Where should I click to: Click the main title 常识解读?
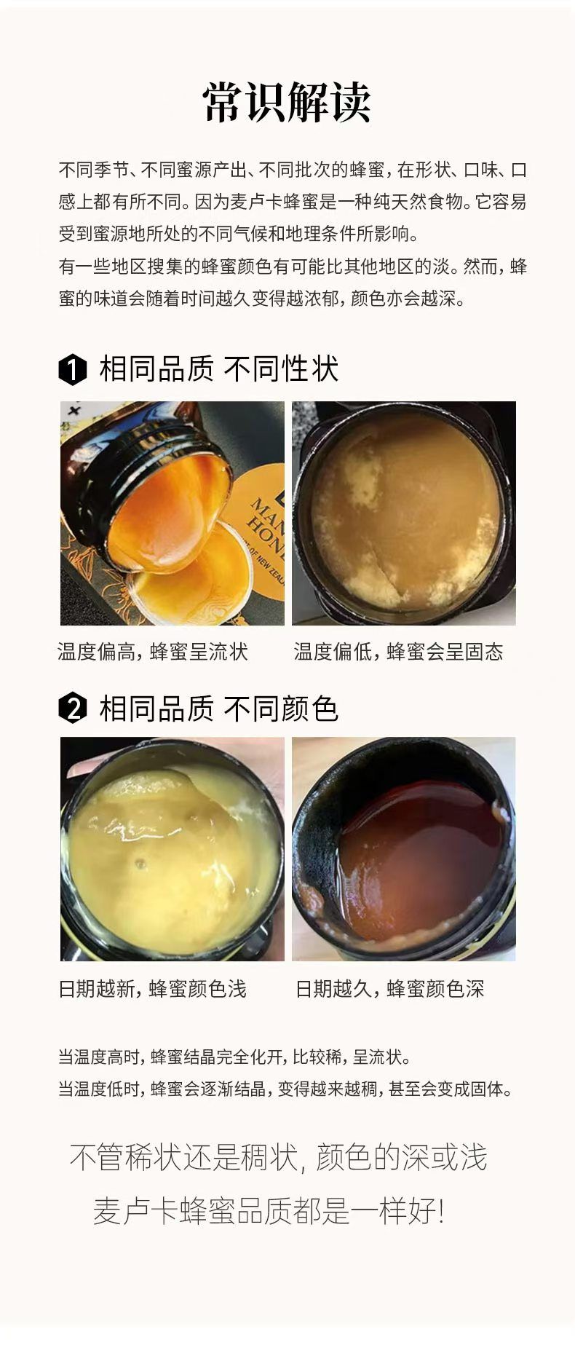(x=287, y=102)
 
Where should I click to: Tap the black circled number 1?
(x=72, y=370)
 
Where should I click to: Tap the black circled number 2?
(x=72, y=709)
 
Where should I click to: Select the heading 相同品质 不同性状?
(x=218, y=369)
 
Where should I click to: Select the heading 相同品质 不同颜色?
(x=218, y=709)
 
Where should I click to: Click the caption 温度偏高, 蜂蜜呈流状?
(x=153, y=652)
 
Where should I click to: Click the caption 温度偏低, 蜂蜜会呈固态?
(x=399, y=652)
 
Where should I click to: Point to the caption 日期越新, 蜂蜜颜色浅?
(x=153, y=989)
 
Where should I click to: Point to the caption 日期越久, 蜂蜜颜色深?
(x=390, y=989)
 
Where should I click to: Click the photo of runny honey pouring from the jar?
(x=172, y=513)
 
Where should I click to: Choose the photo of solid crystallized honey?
(x=404, y=513)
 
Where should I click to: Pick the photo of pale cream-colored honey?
(x=172, y=849)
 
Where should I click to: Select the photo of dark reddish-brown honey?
(x=404, y=849)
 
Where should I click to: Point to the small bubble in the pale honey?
(x=140, y=864)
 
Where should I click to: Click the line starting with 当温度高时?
(x=235, y=1057)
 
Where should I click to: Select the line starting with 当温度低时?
(x=286, y=1089)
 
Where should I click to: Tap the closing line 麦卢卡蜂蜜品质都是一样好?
(x=268, y=1212)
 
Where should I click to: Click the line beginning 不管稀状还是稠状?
(x=278, y=1158)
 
